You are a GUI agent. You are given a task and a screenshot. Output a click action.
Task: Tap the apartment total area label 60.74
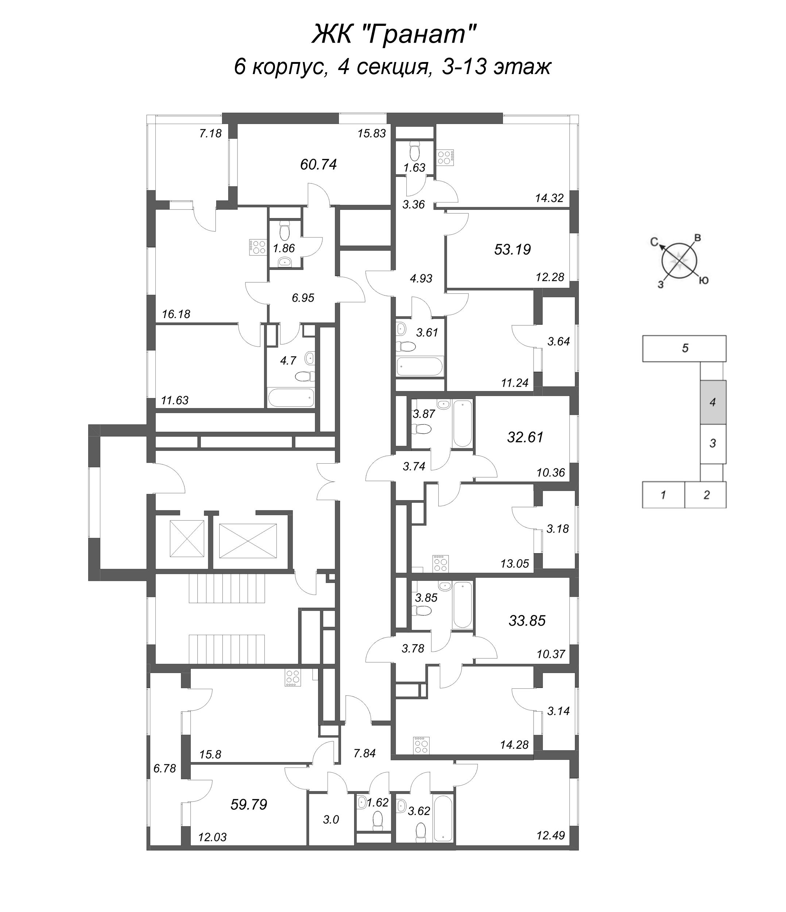[318, 165]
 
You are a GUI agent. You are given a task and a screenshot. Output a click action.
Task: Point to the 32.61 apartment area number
[525, 437]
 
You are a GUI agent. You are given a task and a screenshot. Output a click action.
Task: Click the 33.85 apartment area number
[527, 621]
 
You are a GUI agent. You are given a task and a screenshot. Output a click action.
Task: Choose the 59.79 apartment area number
[249, 805]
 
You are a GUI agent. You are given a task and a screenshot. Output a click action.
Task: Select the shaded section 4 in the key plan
[713, 402]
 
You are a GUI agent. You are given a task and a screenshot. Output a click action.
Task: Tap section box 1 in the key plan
[663, 495]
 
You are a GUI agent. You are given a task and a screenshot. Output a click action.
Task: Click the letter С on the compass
[654, 241]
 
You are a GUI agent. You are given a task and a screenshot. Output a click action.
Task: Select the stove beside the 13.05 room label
[441, 563]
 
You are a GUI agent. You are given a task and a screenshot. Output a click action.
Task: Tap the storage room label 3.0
[330, 820]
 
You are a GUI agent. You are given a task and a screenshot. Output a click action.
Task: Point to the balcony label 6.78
[164, 769]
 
